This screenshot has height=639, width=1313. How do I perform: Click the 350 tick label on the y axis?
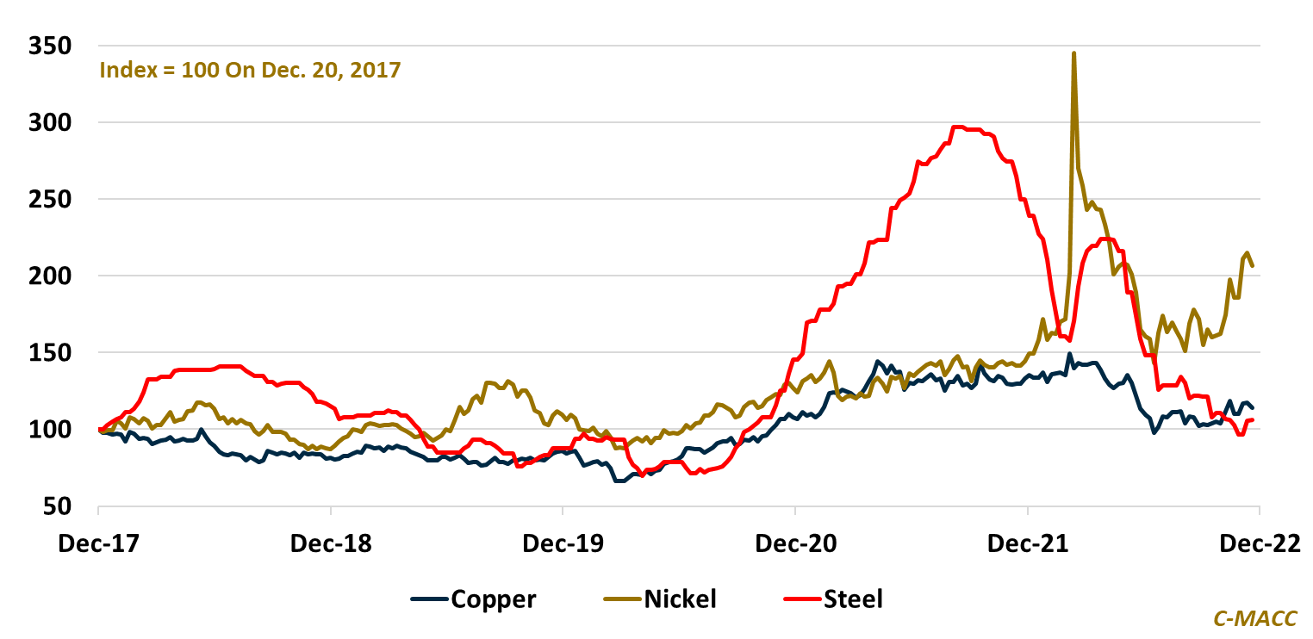(51, 47)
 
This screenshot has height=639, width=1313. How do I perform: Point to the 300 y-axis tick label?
(51, 123)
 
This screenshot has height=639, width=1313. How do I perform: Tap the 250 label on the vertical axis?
(51, 200)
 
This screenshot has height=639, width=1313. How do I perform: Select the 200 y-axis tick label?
(51, 276)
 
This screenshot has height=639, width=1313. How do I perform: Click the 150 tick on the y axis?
(51, 353)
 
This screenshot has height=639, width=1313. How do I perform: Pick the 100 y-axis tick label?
(51, 430)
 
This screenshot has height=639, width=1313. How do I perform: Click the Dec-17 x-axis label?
(99, 543)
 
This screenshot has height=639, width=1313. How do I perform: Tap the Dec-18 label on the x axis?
(332, 543)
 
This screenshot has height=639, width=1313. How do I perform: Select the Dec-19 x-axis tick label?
(563, 543)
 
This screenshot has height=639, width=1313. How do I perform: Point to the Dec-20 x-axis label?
(795, 543)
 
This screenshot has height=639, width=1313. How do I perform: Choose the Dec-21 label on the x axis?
(1028, 543)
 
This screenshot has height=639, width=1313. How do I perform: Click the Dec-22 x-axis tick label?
(1260, 543)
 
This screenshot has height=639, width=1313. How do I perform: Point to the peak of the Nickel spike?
(1073, 53)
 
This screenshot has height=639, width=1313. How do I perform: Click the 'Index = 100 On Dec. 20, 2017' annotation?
(251, 70)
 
